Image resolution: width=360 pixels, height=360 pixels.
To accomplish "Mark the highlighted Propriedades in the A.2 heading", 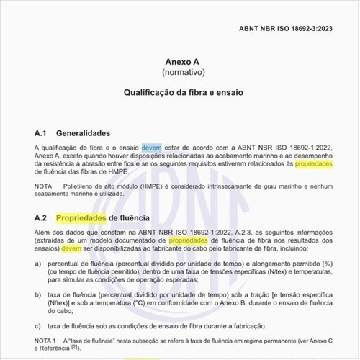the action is pyautogui.click(x=81, y=217).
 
